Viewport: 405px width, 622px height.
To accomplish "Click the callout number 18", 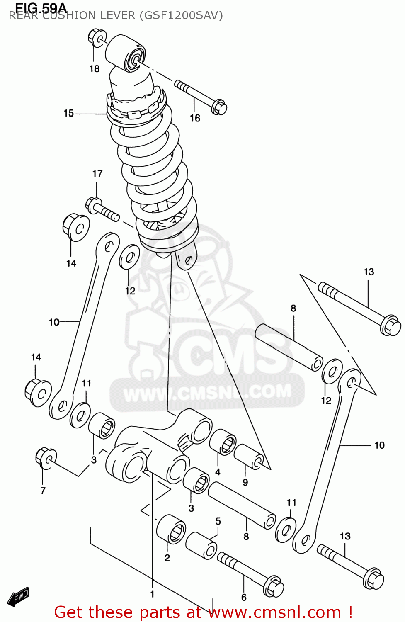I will (x=95, y=69).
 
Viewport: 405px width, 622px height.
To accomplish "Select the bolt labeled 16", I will (x=201, y=96).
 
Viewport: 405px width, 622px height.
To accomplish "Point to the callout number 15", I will (x=69, y=113).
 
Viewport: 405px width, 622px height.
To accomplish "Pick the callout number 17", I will (x=97, y=174).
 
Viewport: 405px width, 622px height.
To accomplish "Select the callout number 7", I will (x=43, y=491).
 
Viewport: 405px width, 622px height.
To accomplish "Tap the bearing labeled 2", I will (x=170, y=529).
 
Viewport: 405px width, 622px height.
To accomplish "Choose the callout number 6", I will (x=244, y=598).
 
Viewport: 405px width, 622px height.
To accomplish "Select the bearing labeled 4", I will (x=223, y=442).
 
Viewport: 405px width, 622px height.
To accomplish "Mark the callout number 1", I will (x=152, y=594).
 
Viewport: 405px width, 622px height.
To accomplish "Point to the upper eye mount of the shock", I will (x=125, y=53).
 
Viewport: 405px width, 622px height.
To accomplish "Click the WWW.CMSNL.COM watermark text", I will (x=207, y=392).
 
